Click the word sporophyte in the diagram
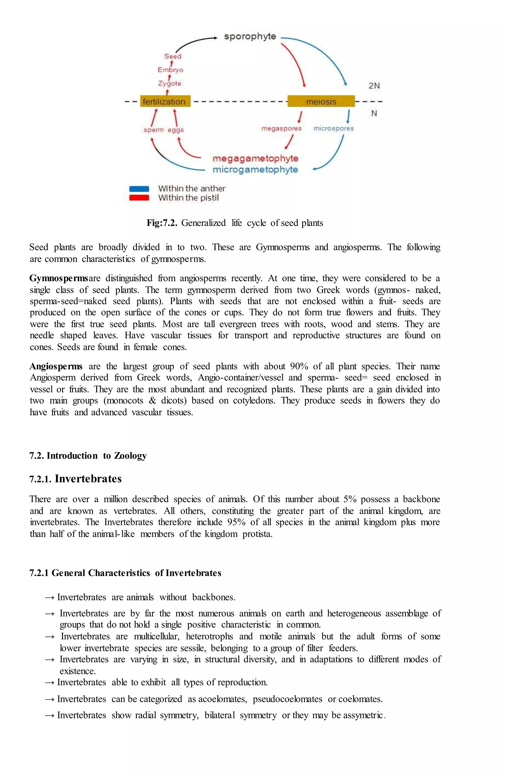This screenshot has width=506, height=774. (x=250, y=36)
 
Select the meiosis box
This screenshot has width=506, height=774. (x=321, y=102)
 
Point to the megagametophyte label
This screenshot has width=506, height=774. (x=255, y=158)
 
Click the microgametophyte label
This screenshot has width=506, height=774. (x=255, y=170)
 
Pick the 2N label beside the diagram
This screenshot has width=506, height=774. (x=374, y=86)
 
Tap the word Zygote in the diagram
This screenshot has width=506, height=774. (x=169, y=83)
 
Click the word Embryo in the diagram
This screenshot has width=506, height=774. (x=170, y=70)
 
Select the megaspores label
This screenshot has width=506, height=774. (x=281, y=129)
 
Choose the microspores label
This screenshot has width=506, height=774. (x=333, y=129)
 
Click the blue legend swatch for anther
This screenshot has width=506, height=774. (x=139, y=189)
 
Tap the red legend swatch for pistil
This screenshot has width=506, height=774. (x=139, y=198)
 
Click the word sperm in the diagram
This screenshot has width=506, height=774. (x=153, y=130)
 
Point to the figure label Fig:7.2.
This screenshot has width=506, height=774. (x=162, y=223)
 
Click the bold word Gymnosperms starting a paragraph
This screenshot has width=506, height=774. (x=59, y=278)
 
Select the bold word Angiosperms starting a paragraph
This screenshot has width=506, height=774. (x=56, y=366)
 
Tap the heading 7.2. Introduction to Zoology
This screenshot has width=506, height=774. (x=88, y=456)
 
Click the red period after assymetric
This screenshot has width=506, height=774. (x=385, y=716)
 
